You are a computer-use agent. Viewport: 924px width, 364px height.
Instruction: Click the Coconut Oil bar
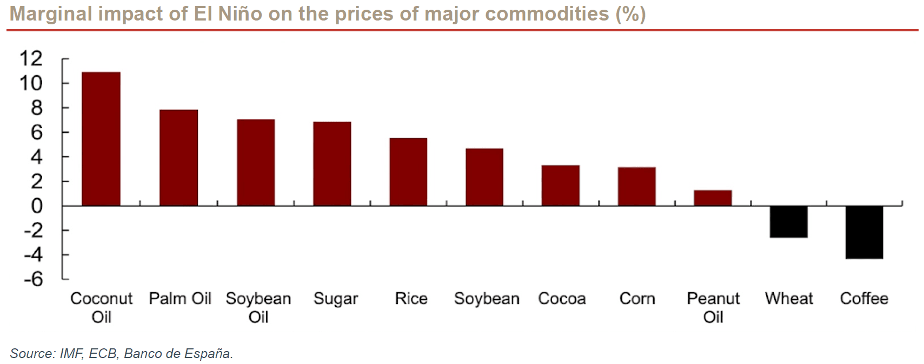[101, 139]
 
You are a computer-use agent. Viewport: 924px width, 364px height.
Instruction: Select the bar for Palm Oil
[178, 158]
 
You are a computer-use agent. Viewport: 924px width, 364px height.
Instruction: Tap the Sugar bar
[332, 164]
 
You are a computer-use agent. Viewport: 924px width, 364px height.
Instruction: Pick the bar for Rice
[408, 172]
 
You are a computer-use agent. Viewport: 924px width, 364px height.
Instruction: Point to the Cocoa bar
[561, 185]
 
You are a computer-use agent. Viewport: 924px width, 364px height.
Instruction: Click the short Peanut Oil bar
[713, 198]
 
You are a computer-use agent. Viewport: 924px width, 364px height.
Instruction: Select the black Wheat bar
[788, 222]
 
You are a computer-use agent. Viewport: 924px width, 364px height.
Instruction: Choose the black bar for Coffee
[864, 232]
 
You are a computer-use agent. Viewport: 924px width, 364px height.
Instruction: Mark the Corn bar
[636, 186]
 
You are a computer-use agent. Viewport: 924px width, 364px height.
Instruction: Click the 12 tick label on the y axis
[31, 58]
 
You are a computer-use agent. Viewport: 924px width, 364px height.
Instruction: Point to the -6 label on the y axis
[34, 279]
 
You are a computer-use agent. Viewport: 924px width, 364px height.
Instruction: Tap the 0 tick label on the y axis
[37, 206]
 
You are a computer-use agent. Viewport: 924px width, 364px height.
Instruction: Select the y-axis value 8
[37, 107]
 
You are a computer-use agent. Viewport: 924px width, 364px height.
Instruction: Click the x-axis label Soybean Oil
[258, 307]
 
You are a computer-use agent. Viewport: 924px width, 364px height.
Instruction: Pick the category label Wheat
[789, 299]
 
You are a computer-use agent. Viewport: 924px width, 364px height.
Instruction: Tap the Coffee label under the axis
[864, 299]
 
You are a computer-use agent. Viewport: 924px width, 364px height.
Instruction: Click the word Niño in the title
[240, 14]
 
